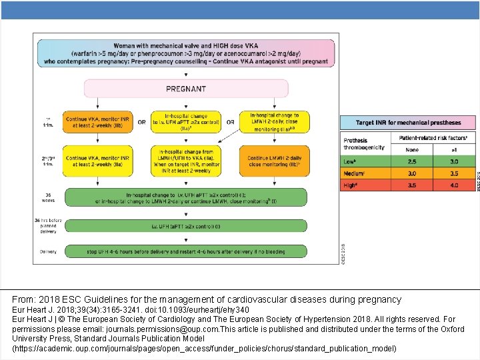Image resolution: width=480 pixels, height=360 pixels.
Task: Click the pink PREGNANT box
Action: click(x=185, y=89)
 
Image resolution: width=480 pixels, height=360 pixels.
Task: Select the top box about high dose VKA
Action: click(x=185, y=53)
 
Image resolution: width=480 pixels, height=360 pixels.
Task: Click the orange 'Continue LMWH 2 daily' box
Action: click(x=273, y=160)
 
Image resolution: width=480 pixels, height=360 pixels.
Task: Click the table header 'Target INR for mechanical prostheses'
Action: click(x=408, y=123)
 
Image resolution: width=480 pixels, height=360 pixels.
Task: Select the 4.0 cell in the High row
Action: click(x=454, y=185)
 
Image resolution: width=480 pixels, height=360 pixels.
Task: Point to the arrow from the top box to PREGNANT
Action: click(x=185, y=73)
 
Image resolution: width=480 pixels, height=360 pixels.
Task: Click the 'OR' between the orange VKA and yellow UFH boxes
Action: click(x=141, y=122)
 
